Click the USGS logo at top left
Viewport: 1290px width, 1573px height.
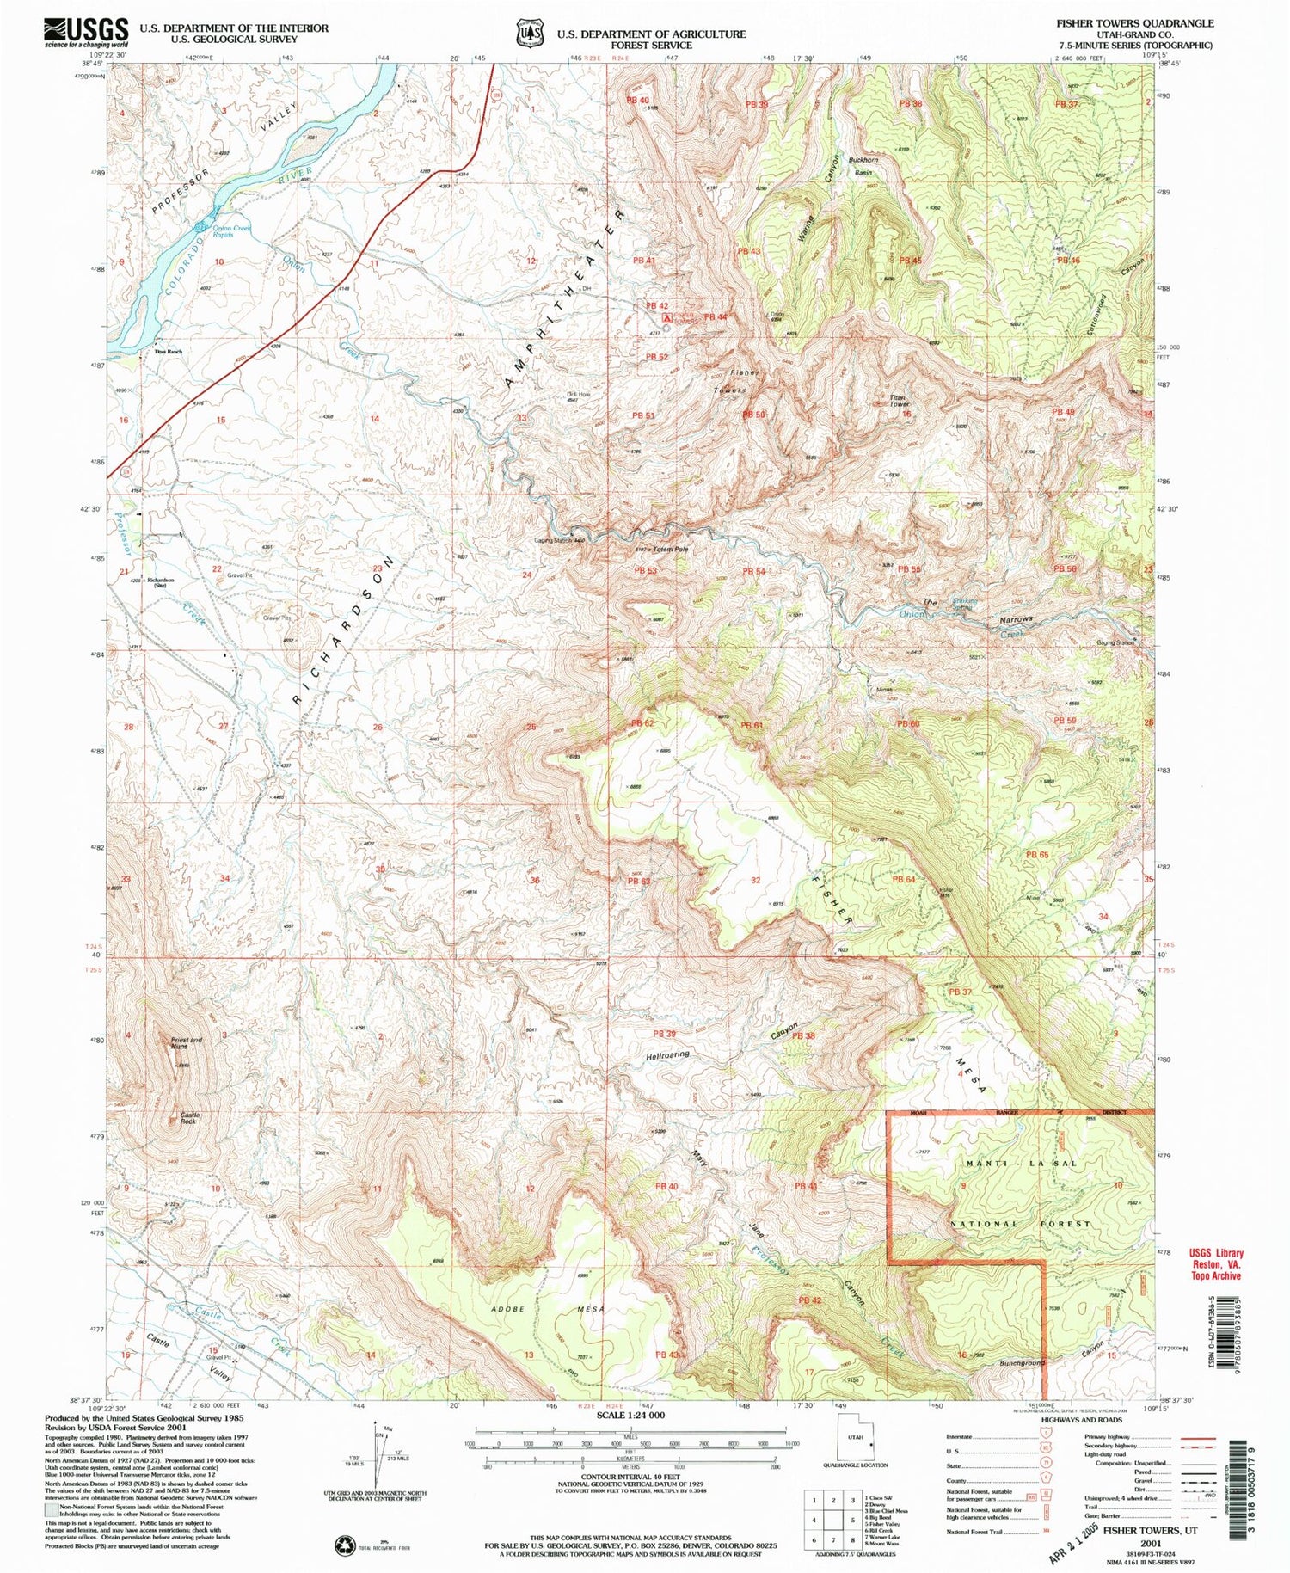pyautogui.click(x=86, y=33)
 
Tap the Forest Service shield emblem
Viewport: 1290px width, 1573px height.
pyautogui.click(x=528, y=33)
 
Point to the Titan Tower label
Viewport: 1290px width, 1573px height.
pyautogui.click(x=899, y=401)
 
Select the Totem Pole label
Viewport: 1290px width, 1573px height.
pyautogui.click(x=672, y=548)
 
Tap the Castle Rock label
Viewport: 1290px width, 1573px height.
pyautogui.click(x=189, y=1119)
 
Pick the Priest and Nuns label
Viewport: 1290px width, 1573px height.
pyautogui.click(x=186, y=1043)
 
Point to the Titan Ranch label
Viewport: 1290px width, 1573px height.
pyautogui.click(x=168, y=352)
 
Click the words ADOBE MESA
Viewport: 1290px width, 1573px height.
pyautogui.click(x=548, y=1310)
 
